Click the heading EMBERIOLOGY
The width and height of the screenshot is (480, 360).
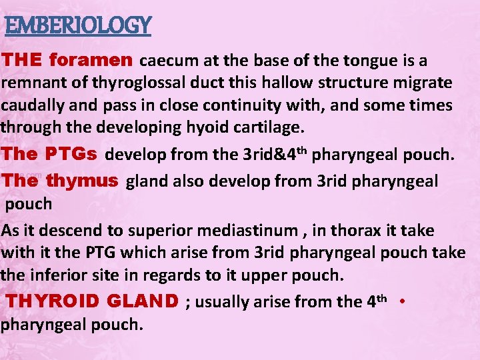point(78,26)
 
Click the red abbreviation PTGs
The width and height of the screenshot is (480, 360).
point(73,154)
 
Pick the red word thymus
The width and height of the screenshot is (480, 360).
point(83,181)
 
